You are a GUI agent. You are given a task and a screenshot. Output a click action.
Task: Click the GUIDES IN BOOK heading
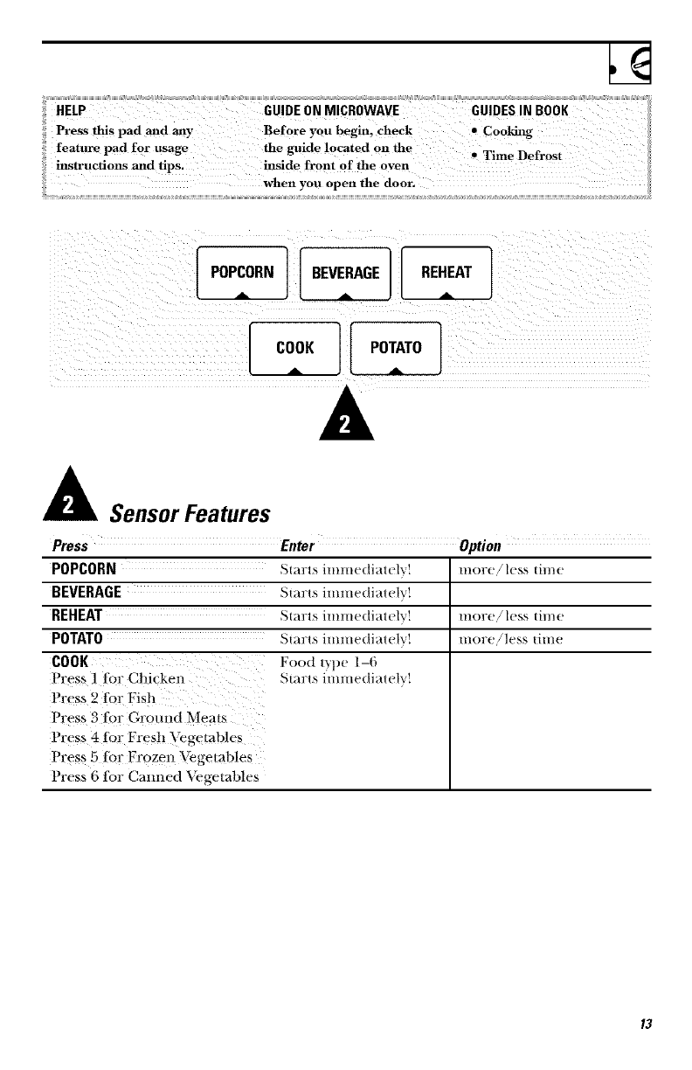pos(520,111)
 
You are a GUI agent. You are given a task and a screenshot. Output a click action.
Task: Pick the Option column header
pos(480,547)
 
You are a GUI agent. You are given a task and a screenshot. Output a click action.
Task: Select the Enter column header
pos(297,547)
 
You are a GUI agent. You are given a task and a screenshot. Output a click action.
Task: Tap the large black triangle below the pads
pos(345,419)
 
